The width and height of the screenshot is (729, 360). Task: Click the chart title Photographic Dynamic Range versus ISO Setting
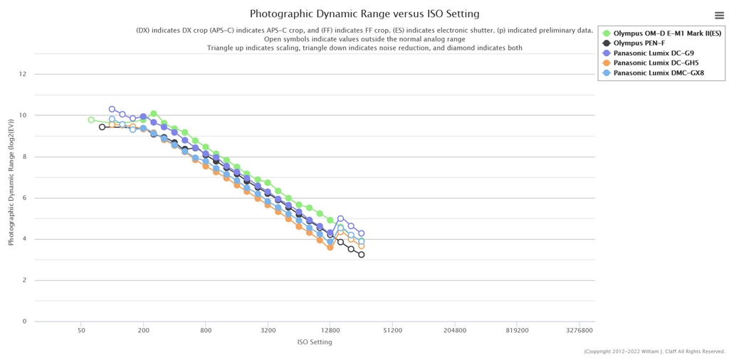click(x=364, y=14)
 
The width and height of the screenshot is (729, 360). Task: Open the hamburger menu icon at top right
click(x=719, y=16)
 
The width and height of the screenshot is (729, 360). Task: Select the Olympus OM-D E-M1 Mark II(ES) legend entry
click(x=659, y=33)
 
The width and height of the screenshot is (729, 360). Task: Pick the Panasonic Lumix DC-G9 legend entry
click(x=643, y=53)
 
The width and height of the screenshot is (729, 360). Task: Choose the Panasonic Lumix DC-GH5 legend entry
click(x=644, y=63)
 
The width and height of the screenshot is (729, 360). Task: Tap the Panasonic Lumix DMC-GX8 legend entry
click(x=646, y=73)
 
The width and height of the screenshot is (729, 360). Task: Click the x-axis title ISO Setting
click(x=315, y=342)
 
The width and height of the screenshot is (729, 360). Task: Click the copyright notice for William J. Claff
click(x=655, y=351)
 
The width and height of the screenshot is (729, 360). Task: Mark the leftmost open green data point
click(x=91, y=120)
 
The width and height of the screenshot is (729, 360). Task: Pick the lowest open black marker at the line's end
click(x=361, y=255)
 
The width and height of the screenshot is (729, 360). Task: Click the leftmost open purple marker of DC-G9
click(x=112, y=109)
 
